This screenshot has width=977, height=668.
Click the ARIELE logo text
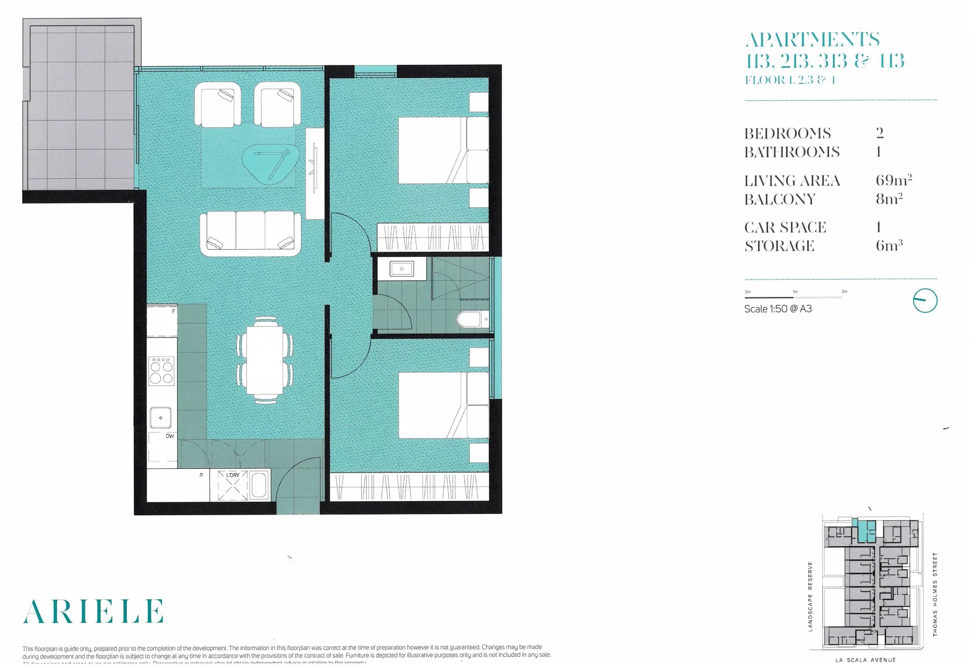[x=93, y=611]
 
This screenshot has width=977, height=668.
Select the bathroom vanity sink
[x=402, y=270]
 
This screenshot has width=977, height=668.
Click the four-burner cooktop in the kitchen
[x=161, y=371]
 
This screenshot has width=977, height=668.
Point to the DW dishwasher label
[x=169, y=436]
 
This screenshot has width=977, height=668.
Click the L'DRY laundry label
[x=233, y=475]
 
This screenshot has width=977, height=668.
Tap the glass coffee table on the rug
[x=270, y=163]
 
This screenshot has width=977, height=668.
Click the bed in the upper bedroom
[x=442, y=150]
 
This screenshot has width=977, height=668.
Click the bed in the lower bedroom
[x=442, y=405]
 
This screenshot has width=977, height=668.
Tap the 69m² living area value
[x=894, y=181]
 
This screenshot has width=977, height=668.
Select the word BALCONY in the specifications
[x=780, y=199]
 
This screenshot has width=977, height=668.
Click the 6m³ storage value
[x=889, y=245]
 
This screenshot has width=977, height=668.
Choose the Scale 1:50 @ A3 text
[x=778, y=309]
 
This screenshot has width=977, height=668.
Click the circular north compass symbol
[x=925, y=301]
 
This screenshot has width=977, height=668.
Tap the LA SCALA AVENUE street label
[x=865, y=660]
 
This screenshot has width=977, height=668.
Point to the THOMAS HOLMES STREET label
[x=935, y=594]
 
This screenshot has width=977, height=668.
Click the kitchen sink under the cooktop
[x=161, y=417]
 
